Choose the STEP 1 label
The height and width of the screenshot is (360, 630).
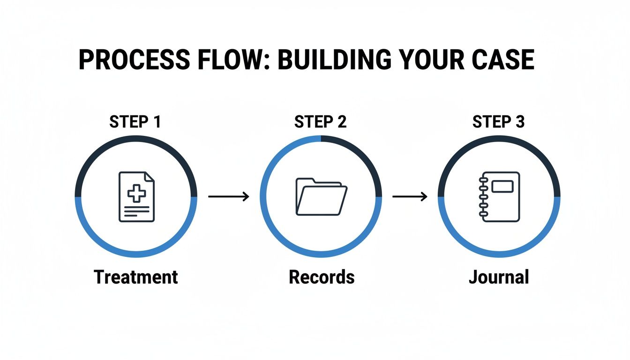[x=135, y=122]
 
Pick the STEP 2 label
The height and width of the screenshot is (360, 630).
[x=320, y=122]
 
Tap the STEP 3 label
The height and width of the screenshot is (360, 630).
[x=499, y=122]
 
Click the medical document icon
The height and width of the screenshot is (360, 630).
[x=136, y=196]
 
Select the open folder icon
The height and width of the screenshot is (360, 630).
[x=321, y=196]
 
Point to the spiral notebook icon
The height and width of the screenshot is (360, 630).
[x=499, y=196]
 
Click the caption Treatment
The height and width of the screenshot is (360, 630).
[x=136, y=277]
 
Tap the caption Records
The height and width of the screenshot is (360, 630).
[x=322, y=277]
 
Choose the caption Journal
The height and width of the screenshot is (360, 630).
[x=499, y=277]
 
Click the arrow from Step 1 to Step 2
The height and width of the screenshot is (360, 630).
[x=228, y=197]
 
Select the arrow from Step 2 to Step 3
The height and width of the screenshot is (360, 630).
[x=410, y=197]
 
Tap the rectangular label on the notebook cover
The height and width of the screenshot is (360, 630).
[x=502, y=187]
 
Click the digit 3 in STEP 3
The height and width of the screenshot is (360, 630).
[x=520, y=122]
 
